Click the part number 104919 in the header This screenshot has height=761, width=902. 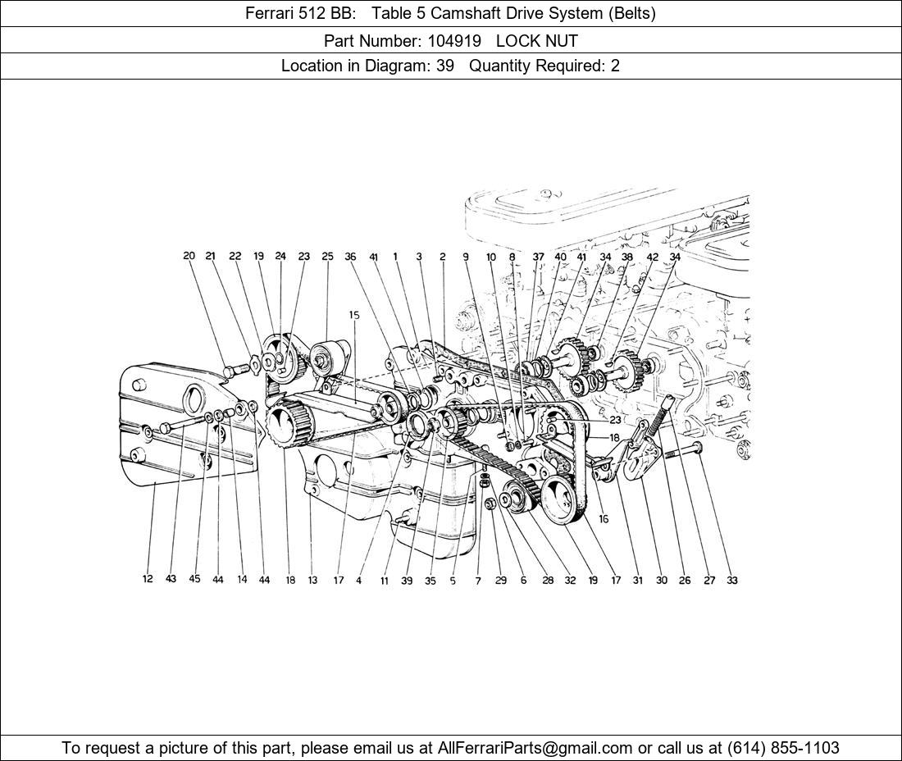click(454, 41)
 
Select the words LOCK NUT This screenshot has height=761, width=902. click(537, 41)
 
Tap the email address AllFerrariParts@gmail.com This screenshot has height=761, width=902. click(535, 748)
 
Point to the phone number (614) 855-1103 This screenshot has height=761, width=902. click(783, 748)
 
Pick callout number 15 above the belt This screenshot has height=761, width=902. click(353, 315)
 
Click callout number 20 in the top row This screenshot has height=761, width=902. click(189, 256)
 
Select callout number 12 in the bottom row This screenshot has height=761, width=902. click(148, 579)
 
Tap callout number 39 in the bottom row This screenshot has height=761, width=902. click(407, 581)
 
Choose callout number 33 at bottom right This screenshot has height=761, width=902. click(731, 581)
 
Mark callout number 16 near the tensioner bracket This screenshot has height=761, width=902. click(604, 519)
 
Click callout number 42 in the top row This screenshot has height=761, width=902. click(653, 257)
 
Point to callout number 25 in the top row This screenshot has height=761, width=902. click(327, 256)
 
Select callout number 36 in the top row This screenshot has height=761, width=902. click(350, 257)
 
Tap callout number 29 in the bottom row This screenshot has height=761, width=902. click(501, 581)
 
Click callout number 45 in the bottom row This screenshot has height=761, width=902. click(194, 579)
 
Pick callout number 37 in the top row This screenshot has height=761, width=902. click(538, 257)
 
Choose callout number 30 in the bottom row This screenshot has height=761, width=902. click(662, 581)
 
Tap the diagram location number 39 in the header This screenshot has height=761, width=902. click(444, 66)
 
